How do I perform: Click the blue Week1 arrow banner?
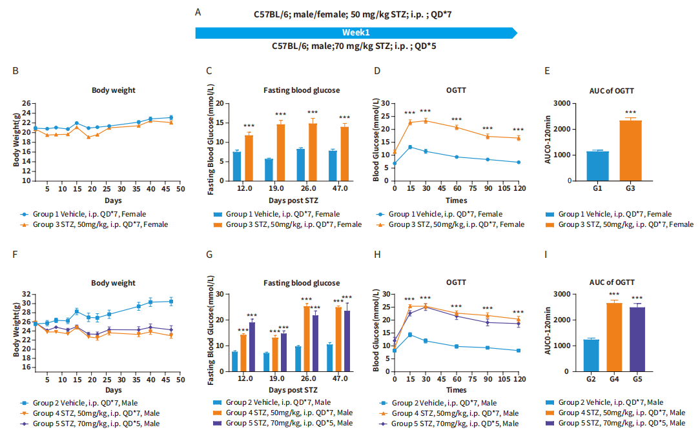coord(356,33)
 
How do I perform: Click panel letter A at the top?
coord(198,12)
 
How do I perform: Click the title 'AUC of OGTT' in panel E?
coord(613,90)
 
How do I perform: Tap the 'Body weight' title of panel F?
coord(114,282)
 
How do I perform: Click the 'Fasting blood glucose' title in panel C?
coord(302,90)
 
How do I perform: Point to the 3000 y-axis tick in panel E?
coord(563,103)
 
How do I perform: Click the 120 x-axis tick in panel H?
coord(518,381)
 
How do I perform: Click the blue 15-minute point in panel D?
coord(410,147)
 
